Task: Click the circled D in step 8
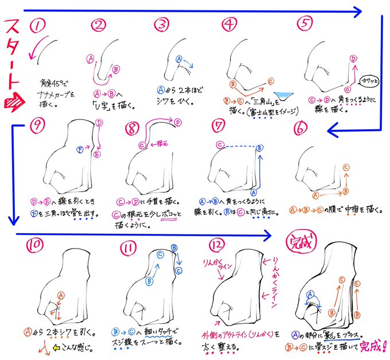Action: [x=178, y=121]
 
